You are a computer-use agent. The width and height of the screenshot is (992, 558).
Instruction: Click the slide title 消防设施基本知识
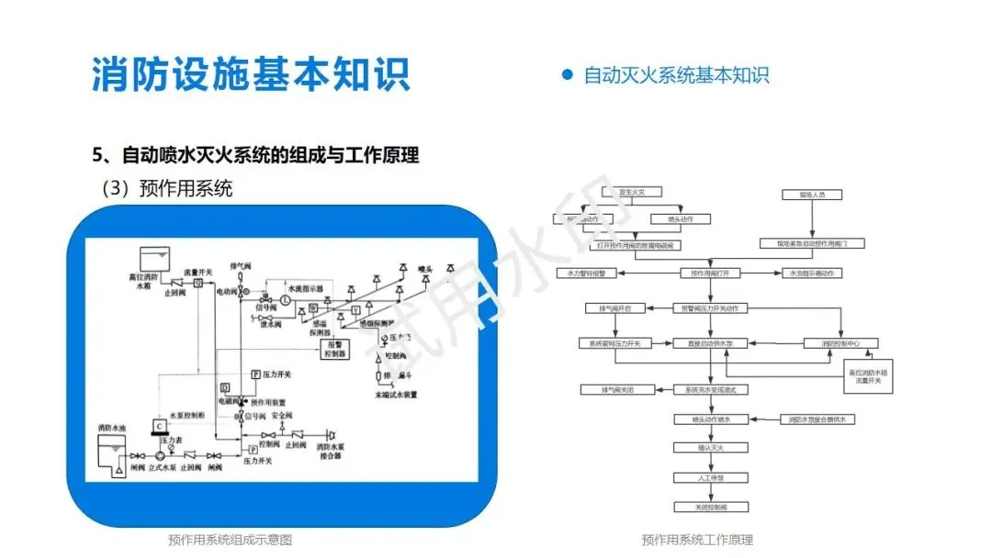click(x=250, y=73)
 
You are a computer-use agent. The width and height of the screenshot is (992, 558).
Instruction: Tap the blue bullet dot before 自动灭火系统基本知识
click(x=567, y=74)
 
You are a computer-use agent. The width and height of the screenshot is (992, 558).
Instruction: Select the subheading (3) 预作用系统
click(x=167, y=188)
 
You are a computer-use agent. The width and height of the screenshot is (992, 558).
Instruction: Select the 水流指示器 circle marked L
click(x=286, y=300)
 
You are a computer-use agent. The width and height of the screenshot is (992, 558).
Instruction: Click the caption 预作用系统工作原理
click(x=697, y=540)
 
